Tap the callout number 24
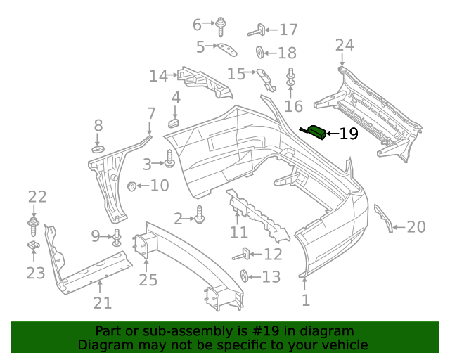pos(345,46)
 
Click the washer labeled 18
pos(260,52)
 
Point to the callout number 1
pos(306,301)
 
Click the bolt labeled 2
pos(200,215)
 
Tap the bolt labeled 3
pos(169,160)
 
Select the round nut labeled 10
pos(131,186)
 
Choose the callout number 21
pos(103,303)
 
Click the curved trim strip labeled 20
pos(385,218)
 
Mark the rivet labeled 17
pos(257,30)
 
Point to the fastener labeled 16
pos(290,78)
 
